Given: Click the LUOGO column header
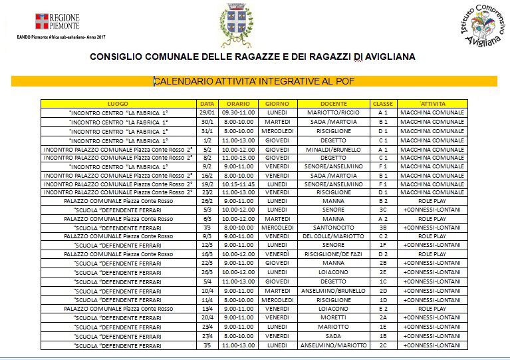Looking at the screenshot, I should pyautogui.click(x=118, y=104).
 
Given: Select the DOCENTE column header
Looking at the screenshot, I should pyautogui.click(x=333, y=104).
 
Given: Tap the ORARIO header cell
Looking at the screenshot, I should pyautogui.click(x=237, y=104).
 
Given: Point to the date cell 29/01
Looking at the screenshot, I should pyautogui.click(x=207, y=112).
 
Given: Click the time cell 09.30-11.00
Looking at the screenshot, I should pyautogui.click(x=237, y=112).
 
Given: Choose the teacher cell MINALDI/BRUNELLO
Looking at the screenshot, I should pyautogui.click(x=333, y=150).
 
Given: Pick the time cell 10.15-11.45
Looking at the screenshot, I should pyautogui.click(x=237, y=184).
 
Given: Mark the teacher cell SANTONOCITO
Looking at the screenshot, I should pyautogui.click(x=333, y=227).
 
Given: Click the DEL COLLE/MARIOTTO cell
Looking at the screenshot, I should pyautogui.click(x=333, y=236).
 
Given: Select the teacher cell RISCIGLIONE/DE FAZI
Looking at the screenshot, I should pyautogui.click(x=333, y=254).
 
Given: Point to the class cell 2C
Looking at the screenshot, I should pyautogui.click(x=383, y=345).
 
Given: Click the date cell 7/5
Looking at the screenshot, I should pyautogui.click(x=207, y=345).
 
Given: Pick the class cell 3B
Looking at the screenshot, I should pyautogui.click(x=383, y=227).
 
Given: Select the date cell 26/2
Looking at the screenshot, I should pyautogui.click(x=207, y=200).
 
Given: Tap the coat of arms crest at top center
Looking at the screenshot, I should pyautogui.click(x=236, y=25).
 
